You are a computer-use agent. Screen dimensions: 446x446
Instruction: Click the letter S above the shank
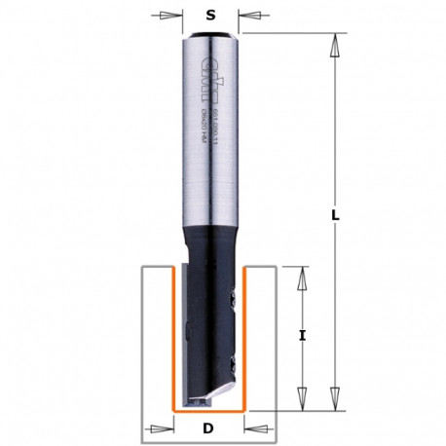210,14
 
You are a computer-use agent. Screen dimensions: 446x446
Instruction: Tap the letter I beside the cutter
303,335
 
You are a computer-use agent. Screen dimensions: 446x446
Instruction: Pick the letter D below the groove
208,427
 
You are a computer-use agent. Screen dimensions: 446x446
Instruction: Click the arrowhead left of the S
171,15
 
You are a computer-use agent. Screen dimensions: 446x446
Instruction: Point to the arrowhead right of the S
249,15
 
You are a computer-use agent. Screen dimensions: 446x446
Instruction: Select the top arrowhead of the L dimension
334,43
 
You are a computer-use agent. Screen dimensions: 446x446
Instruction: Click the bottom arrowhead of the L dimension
334,399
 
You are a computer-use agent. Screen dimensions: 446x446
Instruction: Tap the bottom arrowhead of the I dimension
303,399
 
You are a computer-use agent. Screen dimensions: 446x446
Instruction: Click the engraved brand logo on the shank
204,73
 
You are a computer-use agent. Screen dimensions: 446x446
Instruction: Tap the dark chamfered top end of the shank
209,37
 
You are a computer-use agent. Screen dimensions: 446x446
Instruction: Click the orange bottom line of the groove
208,406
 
